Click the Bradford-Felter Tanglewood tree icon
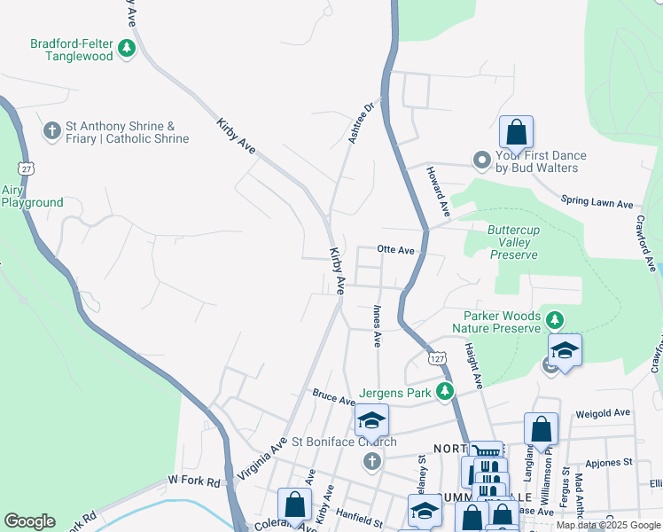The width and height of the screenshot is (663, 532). click(x=127, y=48)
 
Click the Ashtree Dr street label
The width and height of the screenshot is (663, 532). click(x=362, y=121)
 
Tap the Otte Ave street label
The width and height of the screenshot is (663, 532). click(x=395, y=251)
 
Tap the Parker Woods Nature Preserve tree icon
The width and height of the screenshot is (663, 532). click(x=555, y=319)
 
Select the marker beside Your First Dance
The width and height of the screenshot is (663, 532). click(x=482, y=160)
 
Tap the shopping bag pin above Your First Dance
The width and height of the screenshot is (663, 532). click(x=516, y=133)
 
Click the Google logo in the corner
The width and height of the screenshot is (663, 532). click(x=29, y=521)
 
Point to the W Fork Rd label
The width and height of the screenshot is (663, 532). click(x=193, y=481)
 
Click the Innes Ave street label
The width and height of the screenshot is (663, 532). click(x=377, y=325)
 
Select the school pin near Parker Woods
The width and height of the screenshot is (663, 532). click(x=565, y=349)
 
